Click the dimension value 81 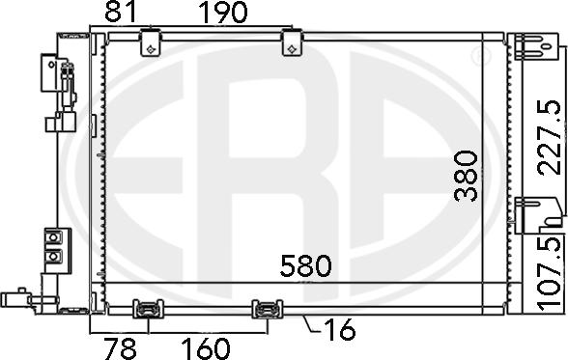[121, 12]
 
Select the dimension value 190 [223, 13]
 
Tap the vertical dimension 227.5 [550, 138]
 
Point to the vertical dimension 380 [466, 177]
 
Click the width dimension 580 [305, 265]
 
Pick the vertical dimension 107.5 [551, 274]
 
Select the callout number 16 [340, 330]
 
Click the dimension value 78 [120, 348]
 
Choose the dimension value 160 [205, 348]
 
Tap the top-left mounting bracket [151, 43]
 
